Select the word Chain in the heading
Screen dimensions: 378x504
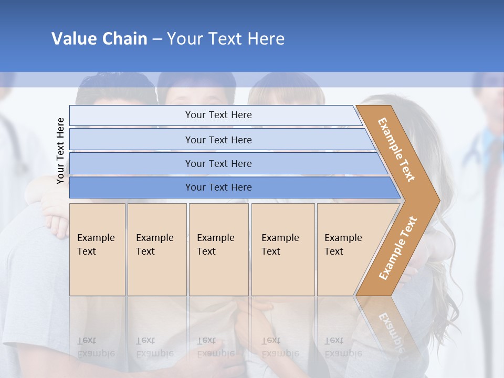[x=125, y=39]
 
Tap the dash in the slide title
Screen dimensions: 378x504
[x=157, y=39]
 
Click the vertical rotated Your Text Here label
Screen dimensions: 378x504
[x=60, y=151]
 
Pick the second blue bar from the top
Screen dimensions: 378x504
[x=218, y=140]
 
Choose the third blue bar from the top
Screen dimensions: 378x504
[x=218, y=163]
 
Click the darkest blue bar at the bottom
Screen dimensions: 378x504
[x=218, y=187]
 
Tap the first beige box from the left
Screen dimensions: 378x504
[x=97, y=249]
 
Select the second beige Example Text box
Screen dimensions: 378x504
[x=156, y=249]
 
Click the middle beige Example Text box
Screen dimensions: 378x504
[x=218, y=249]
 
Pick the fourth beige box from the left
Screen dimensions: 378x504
[x=283, y=249]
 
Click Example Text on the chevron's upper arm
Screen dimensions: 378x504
[x=396, y=149]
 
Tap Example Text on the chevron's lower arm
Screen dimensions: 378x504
[x=398, y=248]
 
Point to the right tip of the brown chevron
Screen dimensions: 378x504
[x=438, y=200]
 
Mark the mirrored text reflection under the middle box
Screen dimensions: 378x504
[x=215, y=347]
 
